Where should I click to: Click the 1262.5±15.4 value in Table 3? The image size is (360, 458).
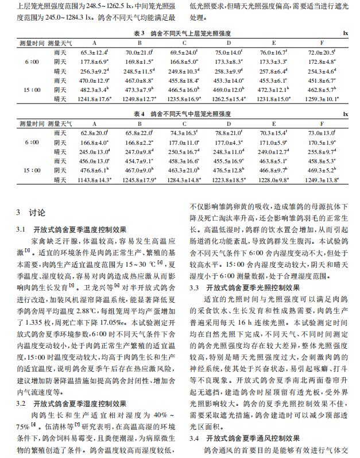pos(229,99)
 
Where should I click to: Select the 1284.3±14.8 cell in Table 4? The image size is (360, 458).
pos(184,180)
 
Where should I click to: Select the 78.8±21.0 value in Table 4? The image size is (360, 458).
pos(229,133)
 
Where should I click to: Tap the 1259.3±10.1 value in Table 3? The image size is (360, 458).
pos(319,99)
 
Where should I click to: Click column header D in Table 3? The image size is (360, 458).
pos(229,43)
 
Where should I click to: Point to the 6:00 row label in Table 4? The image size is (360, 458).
pos(31,142)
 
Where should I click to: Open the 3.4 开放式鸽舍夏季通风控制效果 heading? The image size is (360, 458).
pos(244,438)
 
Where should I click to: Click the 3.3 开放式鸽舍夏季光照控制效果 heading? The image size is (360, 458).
pos(244,288)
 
